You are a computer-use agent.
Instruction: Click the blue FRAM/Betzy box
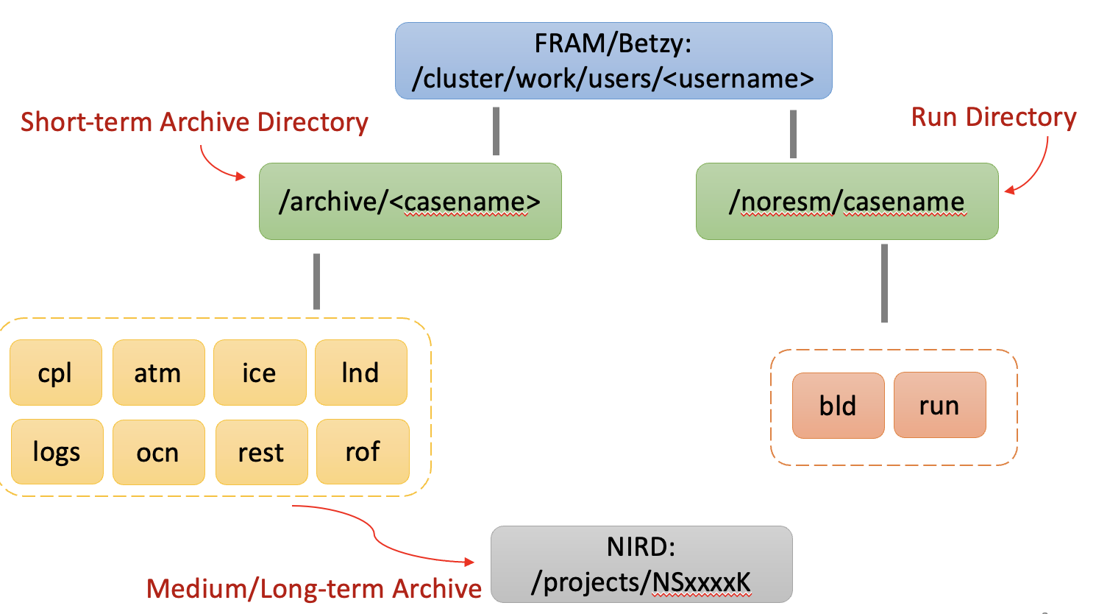(613, 60)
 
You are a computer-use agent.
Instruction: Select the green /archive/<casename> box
(410, 201)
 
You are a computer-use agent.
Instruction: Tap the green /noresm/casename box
(847, 201)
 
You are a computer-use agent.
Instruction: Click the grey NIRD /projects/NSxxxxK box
(641, 564)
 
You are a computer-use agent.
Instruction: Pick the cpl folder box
(55, 373)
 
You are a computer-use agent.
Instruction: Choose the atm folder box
(158, 373)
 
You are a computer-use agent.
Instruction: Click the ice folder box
(259, 373)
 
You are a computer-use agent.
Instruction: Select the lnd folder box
(360, 373)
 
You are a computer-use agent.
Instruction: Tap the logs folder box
(57, 451)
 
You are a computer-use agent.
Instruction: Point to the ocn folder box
(158, 452)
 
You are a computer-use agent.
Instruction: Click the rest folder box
(261, 452)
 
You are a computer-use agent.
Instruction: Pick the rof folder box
(363, 451)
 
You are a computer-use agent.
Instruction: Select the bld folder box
(838, 406)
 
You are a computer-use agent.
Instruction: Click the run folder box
(939, 405)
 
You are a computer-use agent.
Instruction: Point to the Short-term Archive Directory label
(194, 122)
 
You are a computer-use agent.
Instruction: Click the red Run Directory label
(993, 117)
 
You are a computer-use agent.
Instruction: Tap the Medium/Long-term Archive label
(314, 589)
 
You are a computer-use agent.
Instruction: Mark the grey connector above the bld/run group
(884, 283)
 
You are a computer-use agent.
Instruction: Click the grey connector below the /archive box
(316, 281)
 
